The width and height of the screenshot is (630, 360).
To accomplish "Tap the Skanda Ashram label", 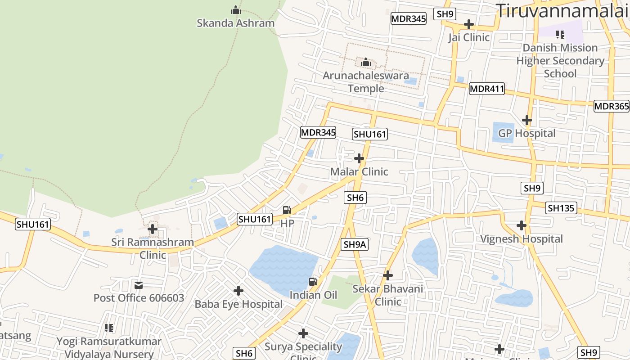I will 235,23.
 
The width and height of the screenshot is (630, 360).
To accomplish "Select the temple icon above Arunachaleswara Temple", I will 366,62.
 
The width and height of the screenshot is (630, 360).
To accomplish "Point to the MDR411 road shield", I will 486,89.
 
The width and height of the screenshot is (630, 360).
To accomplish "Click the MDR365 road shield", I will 611,106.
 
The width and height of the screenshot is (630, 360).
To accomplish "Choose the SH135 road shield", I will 561,208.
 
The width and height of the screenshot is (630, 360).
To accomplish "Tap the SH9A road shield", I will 355,244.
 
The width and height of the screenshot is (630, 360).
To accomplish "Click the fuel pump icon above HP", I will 287,210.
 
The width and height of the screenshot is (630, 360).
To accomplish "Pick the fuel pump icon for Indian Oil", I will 313,282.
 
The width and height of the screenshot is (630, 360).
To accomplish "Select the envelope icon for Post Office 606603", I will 139,285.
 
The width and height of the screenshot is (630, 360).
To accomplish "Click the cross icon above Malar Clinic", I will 359,158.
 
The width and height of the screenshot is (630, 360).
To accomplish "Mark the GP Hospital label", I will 526,133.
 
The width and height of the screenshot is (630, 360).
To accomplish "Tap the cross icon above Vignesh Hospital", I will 522,225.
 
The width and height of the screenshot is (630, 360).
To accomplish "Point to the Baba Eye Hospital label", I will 238,304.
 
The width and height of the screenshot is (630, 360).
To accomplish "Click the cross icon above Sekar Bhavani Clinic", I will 388,275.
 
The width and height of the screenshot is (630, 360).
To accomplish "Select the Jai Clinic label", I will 468,37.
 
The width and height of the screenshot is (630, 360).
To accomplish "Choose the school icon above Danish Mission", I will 560,34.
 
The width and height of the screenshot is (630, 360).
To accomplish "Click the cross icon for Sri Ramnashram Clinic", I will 153,229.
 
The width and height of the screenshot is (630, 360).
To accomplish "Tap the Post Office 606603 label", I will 139,298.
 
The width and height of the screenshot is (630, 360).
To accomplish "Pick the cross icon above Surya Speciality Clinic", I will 303,333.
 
